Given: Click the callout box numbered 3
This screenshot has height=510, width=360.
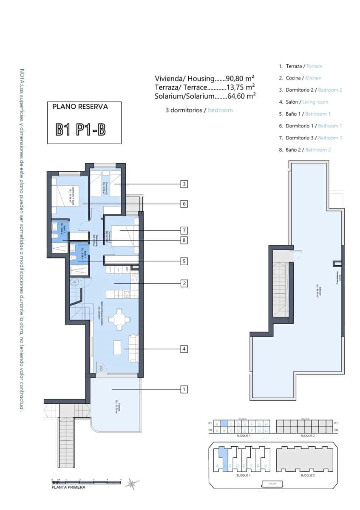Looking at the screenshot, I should pyautogui.click(x=184, y=184).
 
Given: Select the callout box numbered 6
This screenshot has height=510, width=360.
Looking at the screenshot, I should pyautogui.click(x=184, y=204).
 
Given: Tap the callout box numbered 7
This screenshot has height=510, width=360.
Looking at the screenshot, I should pyautogui.click(x=184, y=230).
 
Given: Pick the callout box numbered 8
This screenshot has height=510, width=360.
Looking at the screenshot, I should pyautogui.click(x=184, y=241).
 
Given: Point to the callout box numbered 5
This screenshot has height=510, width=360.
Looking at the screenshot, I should pyautogui.click(x=184, y=261).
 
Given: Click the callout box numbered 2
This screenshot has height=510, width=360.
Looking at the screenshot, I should pyautogui.click(x=184, y=283).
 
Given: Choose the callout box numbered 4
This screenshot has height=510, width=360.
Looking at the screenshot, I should pyautogui.click(x=184, y=349).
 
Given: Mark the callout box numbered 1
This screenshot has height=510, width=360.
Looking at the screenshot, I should pyautogui.click(x=184, y=389).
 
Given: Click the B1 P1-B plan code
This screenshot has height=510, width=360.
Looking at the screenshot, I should pyautogui.click(x=80, y=130).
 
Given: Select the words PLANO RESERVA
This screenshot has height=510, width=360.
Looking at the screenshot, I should pyautogui.click(x=80, y=107).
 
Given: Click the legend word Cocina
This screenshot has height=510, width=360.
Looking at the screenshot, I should pyautogui.click(x=294, y=78).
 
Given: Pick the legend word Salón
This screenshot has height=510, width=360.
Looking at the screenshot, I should pyautogui.click(x=293, y=102).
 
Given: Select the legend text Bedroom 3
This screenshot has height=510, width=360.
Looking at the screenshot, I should pyautogui.click(x=330, y=138).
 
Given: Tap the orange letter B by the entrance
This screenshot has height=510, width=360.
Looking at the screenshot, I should pyautogui.click(x=101, y=368).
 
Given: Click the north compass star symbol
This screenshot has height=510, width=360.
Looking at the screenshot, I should pyautogui.click(x=133, y=483).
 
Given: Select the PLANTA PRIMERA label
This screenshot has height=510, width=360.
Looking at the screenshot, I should pyautogui.click(x=68, y=487).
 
